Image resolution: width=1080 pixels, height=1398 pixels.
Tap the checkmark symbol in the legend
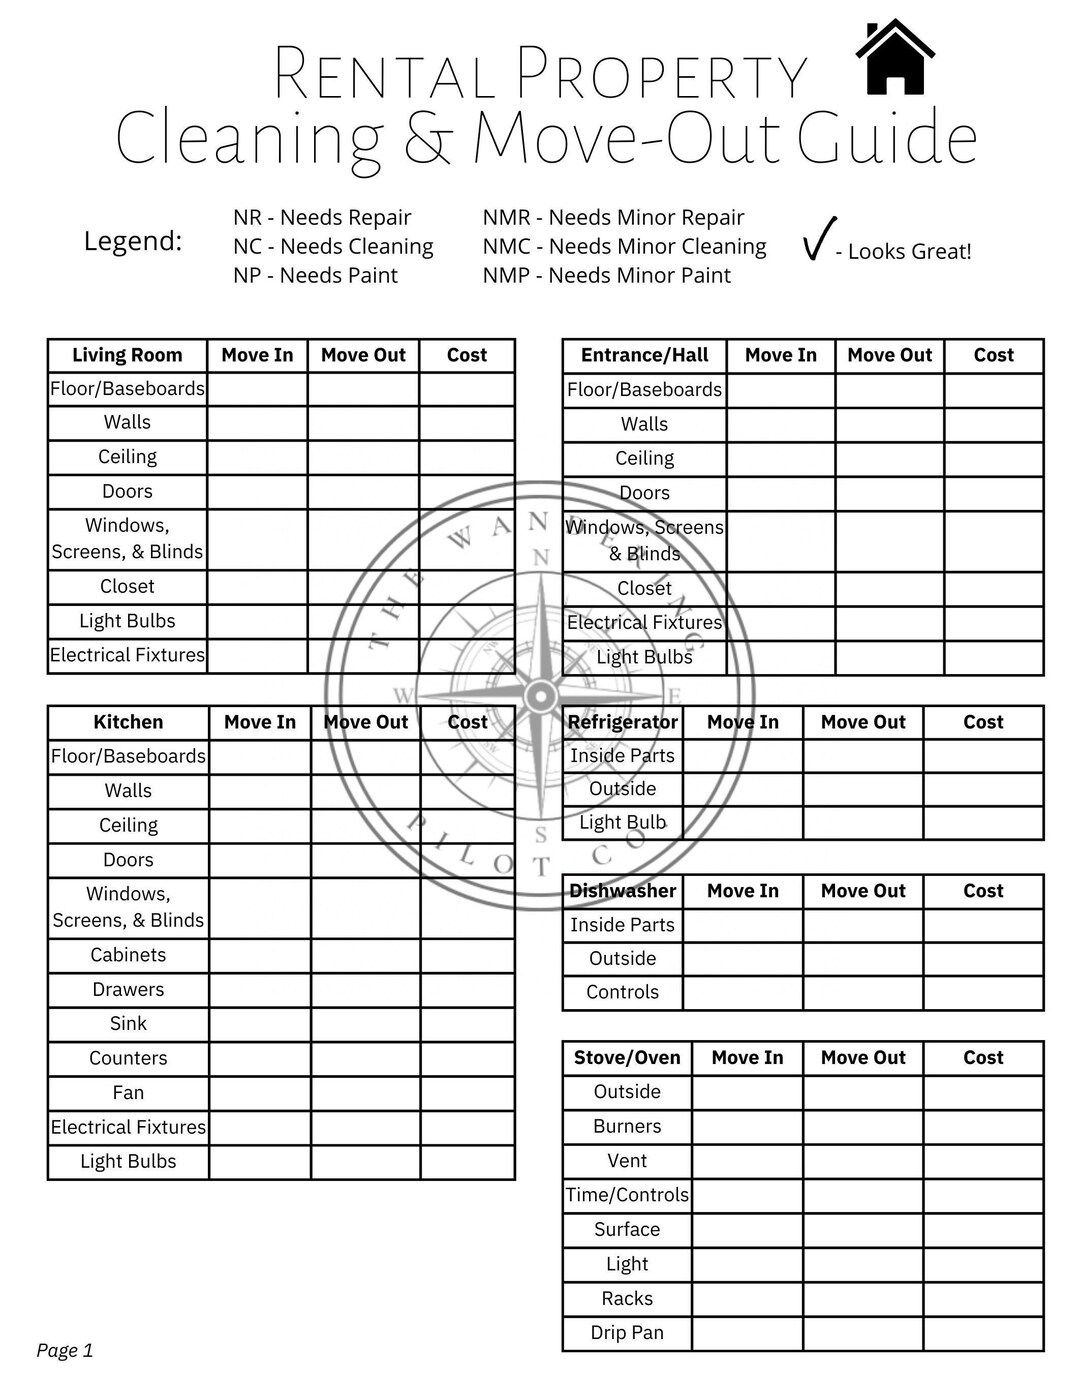tap(819, 239)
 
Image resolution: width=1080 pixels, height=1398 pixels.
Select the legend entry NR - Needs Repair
tap(322, 218)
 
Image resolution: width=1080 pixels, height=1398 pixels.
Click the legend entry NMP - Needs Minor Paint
tap(606, 276)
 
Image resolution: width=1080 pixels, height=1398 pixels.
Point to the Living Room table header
tap(127, 356)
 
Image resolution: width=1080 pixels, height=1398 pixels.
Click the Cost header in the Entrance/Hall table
tap(993, 356)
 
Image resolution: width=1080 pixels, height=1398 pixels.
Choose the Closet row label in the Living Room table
tap(127, 587)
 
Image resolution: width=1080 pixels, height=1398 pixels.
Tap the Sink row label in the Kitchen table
tap(128, 1024)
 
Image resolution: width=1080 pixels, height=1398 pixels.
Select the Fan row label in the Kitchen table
tap(128, 1093)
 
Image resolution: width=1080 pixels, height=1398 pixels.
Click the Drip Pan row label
tap(627, 1333)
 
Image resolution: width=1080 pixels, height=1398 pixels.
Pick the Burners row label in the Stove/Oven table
tap(627, 1127)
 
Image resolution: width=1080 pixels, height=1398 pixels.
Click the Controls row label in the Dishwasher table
tap(622, 993)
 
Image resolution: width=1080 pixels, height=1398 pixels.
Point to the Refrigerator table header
tap(622, 723)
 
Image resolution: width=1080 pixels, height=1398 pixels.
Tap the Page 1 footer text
tap(65, 1351)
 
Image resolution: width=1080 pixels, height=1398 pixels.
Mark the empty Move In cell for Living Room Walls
tap(257, 423)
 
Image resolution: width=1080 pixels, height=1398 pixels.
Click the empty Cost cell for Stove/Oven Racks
tap(983, 1299)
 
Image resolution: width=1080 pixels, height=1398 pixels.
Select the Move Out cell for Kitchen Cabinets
tap(365, 956)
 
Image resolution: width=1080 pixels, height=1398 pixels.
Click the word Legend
tap(133, 242)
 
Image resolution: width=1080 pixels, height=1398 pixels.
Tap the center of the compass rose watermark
tap(541, 696)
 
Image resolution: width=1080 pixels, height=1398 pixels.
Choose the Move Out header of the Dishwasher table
tap(863, 892)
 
